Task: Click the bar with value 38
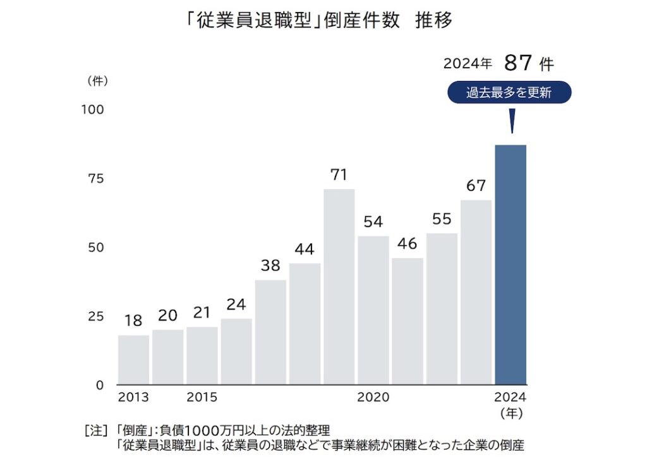pyautogui.click(x=270, y=332)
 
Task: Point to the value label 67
pyautogui.click(x=476, y=186)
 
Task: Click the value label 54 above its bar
pyautogui.click(x=373, y=222)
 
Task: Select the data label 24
pyautogui.click(x=236, y=304)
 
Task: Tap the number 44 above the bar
pyautogui.click(x=305, y=249)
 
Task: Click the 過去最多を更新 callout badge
pyautogui.click(x=509, y=93)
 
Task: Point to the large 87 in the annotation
pyautogui.click(x=517, y=63)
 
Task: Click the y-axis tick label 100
pyautogui.click(x=92, y=109)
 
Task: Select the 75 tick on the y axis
pyautogui.click(x=95, y=178)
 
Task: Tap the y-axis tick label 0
pyautogui.click(x=99, y=385)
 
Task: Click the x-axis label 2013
pyautogui.click(x=133, y=398)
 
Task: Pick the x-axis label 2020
pyautogui.click(x=373, y=398)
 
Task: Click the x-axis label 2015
pyautogui.click(x=202, y=398)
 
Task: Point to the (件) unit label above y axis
pyautogui.click(x=97, y=81)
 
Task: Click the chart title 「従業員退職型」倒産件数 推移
pyautogui.click(x=323, y=21)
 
